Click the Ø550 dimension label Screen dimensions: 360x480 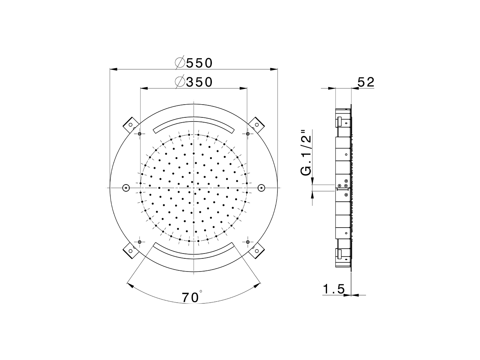[x=194, y=63]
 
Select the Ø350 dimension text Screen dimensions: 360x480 [x=194, y=82]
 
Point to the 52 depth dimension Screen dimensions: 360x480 [x=366, y=82]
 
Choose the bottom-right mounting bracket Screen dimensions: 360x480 [x=257, y=250]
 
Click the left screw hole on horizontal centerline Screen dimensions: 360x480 [x=126, y=187]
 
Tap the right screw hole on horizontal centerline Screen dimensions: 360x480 [x=261, y=187]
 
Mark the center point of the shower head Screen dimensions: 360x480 [x=193, y=187]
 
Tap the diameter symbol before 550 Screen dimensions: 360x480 [x=180, y=63]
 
